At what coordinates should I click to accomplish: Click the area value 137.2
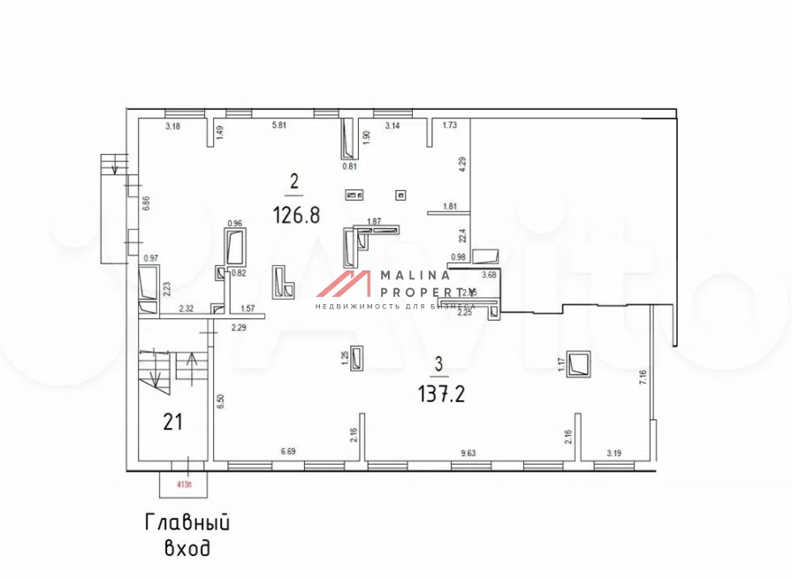[441, 392]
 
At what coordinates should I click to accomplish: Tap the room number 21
[171, 422]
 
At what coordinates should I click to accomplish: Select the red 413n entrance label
[185, 484]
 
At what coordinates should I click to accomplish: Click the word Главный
[187, 522]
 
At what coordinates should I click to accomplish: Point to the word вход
[187, 549]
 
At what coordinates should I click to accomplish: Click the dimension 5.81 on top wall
[278, 126]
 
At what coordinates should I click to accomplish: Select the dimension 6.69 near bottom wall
[289, 453]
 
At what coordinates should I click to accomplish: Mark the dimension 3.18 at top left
[173, 126]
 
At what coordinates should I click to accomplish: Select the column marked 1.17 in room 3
[580, 363]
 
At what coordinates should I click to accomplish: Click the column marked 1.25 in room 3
[357, 358]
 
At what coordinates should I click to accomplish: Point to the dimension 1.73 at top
[449, 126]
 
